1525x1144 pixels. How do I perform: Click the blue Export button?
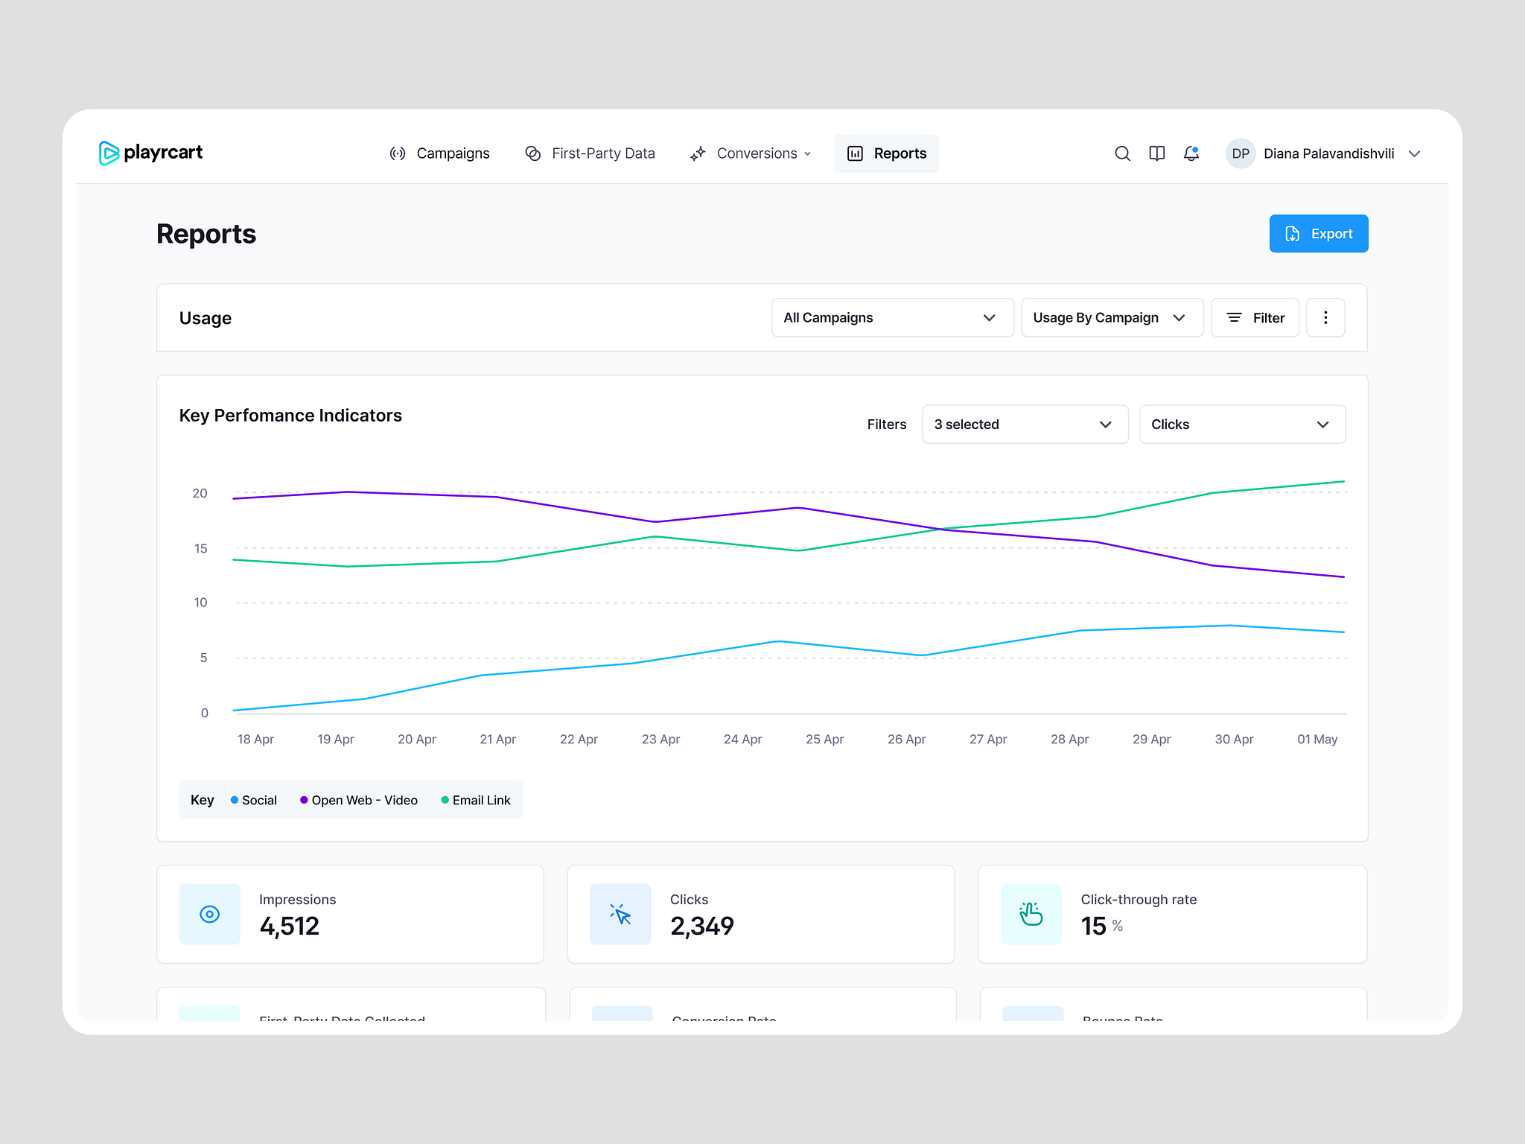[x=1318, y=234]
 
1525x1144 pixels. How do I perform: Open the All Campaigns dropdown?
[x=892, y=318]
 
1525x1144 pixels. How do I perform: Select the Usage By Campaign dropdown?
[x=1112, y=318]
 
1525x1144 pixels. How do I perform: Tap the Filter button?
[x=1255, y=318]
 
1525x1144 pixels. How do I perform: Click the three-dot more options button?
[x=1325, y=318]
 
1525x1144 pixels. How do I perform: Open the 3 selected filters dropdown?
[x=1025, y=425]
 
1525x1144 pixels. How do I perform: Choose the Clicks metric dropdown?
[x=1242, y=425]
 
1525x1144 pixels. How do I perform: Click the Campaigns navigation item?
[x=440, y=153]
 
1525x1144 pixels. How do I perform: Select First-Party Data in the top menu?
[x=590, y=153]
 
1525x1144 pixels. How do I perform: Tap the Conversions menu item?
[x=751, y=153]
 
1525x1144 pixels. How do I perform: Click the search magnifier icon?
[x=1122, y=153]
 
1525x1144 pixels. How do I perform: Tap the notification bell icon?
[x=1191, y=153]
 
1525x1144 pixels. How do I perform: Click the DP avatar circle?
[x=1241, y=153]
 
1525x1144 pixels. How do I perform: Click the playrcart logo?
[x=151, y=153]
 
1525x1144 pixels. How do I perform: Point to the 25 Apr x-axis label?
[x=824, y=740]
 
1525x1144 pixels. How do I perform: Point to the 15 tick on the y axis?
[x=201, y=549]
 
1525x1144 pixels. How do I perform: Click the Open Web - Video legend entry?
[x=359, y=801]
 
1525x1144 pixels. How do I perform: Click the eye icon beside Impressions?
[x=210, y=915]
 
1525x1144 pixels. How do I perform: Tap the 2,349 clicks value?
[x=701, y=927]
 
